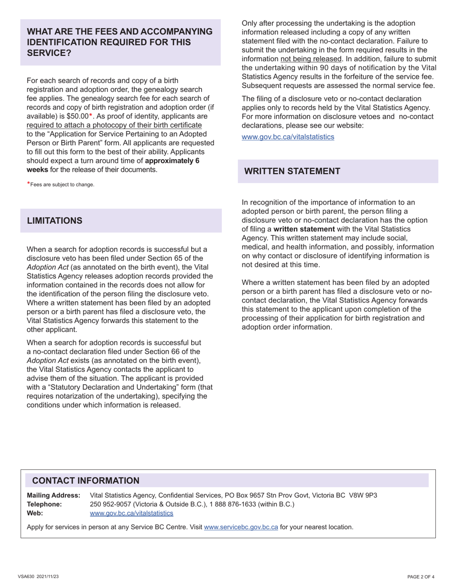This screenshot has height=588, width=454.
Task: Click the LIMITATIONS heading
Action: point(54,221)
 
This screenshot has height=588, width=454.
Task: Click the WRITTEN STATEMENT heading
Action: point(292,171)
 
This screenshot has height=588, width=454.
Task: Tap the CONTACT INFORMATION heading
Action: point(86,480)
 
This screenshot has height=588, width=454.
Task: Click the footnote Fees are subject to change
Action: point(62,185)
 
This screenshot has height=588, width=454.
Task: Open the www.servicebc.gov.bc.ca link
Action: point(241,527)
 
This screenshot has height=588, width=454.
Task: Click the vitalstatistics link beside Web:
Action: point(131,513)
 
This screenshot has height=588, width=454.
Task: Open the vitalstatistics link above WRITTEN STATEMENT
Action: point(288,137)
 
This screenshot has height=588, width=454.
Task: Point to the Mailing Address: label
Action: point(54,495)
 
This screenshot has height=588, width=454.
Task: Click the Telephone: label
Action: point(44,504)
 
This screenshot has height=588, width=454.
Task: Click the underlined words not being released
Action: point(311,59)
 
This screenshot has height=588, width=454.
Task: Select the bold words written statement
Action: point(304,229)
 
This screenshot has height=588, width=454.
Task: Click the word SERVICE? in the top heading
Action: point(49,53)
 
